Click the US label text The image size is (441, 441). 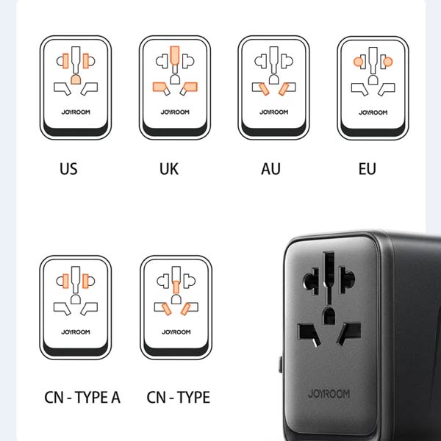tap(68, 169)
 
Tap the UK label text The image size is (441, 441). tap(169, 169)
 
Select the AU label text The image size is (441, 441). tap(270, 169)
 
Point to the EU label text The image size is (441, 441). tap(367, 169)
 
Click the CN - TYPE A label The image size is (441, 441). tap(82, 397)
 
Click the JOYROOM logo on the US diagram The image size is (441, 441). tap(76, 112)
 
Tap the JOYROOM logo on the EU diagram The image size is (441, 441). tap(373, 112)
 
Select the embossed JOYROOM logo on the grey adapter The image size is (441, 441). tap(329, 393)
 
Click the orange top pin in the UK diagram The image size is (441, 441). tap(175, 55)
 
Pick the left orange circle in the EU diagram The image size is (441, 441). tap(358, 62)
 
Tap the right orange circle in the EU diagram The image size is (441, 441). tap(388, 62)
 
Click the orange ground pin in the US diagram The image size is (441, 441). tap(76, 79)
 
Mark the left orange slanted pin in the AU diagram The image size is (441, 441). tap(264, 89)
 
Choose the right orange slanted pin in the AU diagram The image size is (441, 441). tap(284, 89)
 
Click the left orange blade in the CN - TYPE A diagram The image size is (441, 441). tap(65, 281)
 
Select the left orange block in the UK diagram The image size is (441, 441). tap(159, 87)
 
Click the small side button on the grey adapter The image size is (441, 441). tap(281, 365)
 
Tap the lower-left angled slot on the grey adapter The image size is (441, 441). tap(308, 334)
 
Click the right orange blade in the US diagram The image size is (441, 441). tap(86, 61)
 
